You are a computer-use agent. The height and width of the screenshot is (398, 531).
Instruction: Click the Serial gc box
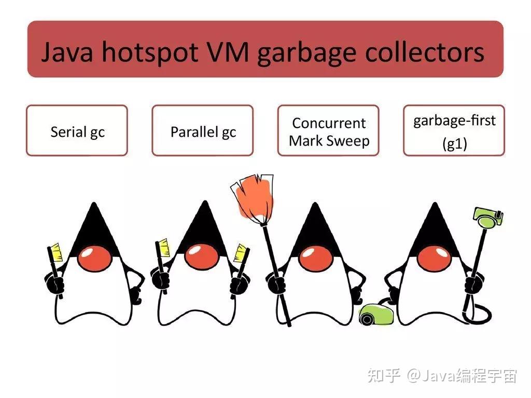click(x=77, y=131)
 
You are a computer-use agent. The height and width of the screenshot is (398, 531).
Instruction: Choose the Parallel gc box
click(x=203, y=131)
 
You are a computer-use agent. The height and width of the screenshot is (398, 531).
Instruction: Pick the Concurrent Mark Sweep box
click(x=328, y=131)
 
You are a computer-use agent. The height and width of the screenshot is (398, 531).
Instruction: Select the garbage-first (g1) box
click(x=454, y=131)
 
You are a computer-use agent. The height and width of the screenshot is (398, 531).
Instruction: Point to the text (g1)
click(x=454, y=144)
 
